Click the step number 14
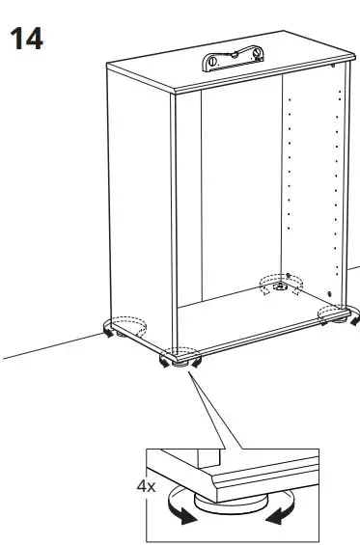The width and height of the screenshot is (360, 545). [x=26, y=40]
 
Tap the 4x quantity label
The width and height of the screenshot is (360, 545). [x=146, y=487]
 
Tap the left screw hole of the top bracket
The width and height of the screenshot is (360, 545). [x=211, y=64]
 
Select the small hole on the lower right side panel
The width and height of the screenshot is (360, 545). [x=330, y=293]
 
